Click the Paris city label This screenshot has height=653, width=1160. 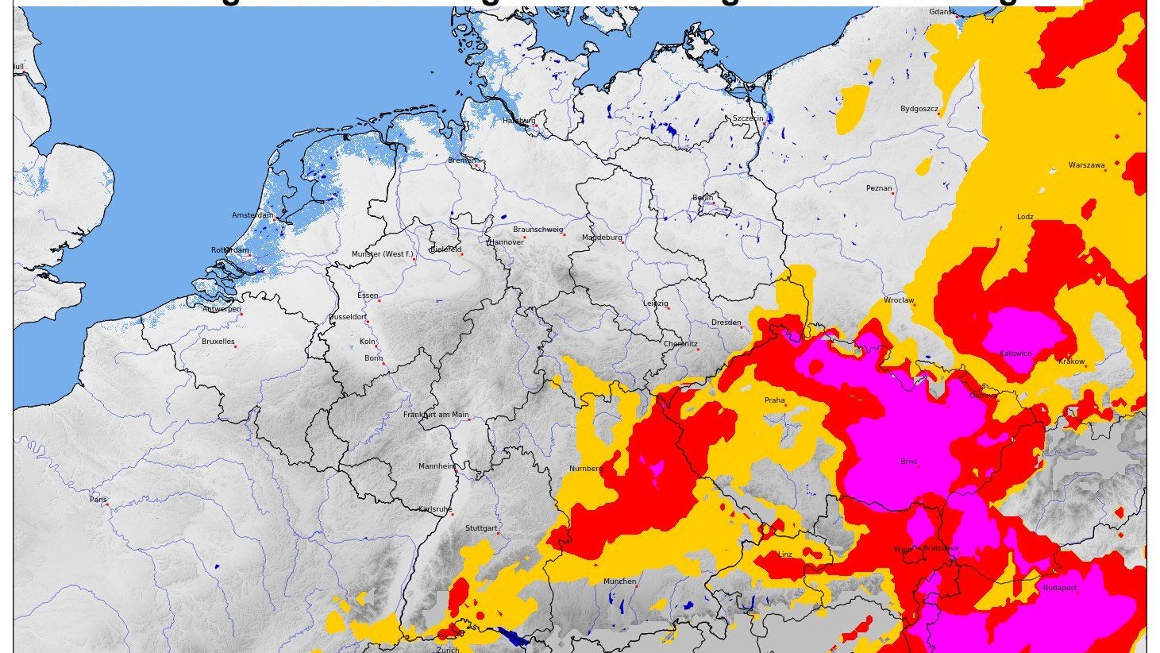tap(98, 500)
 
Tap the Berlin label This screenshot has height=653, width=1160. tap(703, 198)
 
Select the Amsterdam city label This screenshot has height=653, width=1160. tap(252, 215)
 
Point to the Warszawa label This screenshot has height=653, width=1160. tap(1086, 165)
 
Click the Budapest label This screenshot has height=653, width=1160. tap(1060, 588)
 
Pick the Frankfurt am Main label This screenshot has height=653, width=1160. tap(436, 415)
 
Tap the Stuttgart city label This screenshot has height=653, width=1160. tap(481, 528)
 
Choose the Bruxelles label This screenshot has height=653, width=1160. tap(218, 342)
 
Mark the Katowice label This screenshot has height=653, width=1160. tap(1015, 354)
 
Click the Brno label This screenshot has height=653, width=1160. tap(908, 461)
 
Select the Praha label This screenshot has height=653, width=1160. tap(774, 400)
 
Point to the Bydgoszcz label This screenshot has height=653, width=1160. tap(919, 109)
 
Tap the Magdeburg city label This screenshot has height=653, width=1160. tap(602, 238)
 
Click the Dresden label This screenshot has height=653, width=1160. tap(726, 323)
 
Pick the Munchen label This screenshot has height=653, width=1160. tap(619, 582)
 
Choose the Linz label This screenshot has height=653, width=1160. tap(785, 554)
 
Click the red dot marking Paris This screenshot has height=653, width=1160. tap(107, 504)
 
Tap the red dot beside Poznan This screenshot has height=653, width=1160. tap(894, 192)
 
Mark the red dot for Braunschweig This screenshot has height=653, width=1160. tap(565, 234)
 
